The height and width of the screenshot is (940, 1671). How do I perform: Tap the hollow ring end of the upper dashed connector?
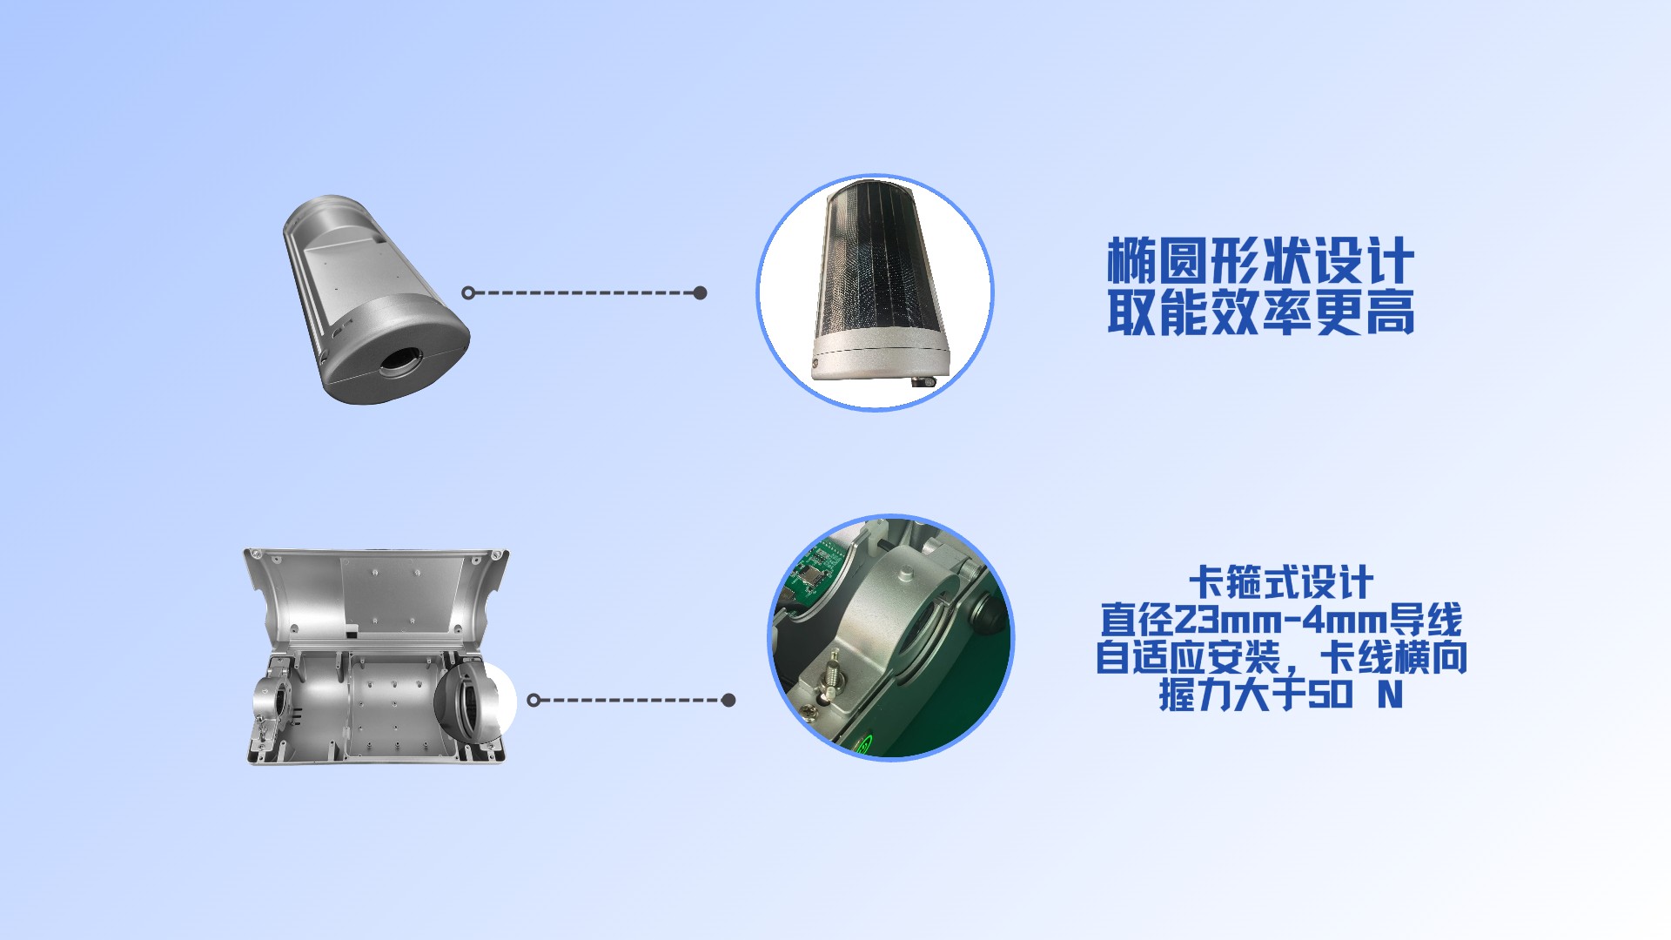tap(468, 292)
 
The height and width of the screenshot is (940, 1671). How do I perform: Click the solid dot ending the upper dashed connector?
tap(701, 292)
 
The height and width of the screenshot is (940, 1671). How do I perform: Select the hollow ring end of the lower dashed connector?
tap(534, 700)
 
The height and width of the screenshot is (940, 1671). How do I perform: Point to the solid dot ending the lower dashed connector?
tap(729, 700)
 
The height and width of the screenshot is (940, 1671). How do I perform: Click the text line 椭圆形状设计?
tap(1260, 260)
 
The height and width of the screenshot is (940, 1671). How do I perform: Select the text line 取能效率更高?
tap(1260, 312)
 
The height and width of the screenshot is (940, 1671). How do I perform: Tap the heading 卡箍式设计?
tap(1281, 583)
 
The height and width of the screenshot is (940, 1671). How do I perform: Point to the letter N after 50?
tap(1390, 695)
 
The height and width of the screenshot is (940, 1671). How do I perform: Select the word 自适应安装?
tap(1188, 657)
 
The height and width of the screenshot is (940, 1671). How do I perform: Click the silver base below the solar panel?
tap(879, 362)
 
